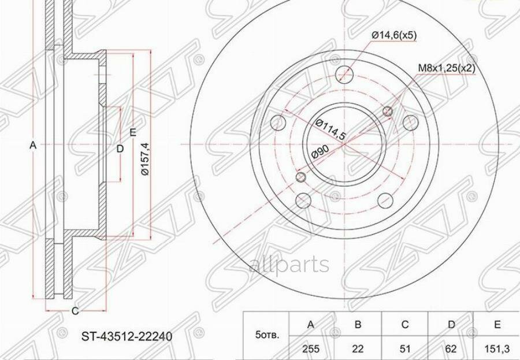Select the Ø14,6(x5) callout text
click(x=394, y=35)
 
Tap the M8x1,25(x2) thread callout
click(x=446, y=68)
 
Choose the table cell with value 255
click(x=310, y=348)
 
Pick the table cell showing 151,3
click(x=496, y=348)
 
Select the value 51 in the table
click(x=404, y=348)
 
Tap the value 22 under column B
click(x=358, y=348)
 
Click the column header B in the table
click(x=358, y=325)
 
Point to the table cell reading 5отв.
click(x=267, y=335)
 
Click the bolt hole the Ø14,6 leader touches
click(x=345, y=74)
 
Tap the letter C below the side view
click(x=75, y=311)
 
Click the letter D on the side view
click(x=120, y=149)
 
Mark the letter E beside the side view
click(x=133, y=132)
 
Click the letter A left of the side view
click(x=33, y=146)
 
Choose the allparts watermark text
click(x=289, y=265)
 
